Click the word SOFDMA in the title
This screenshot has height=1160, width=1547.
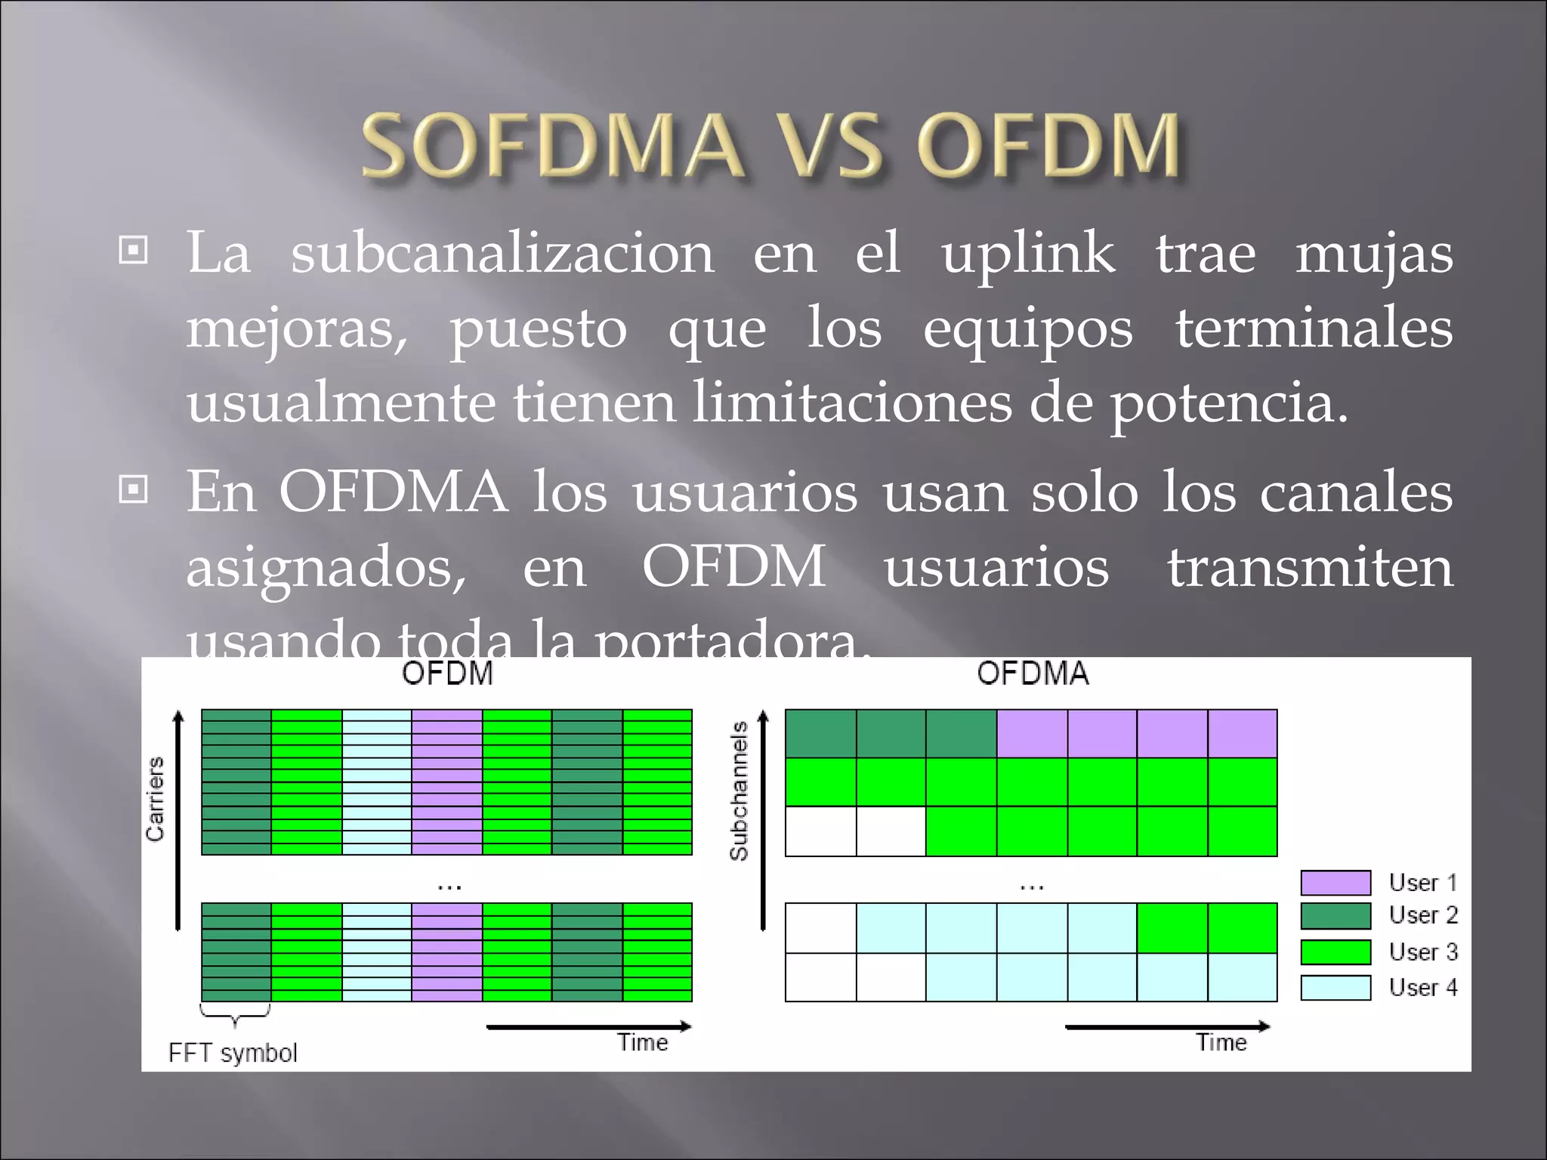pyautogui.click(x=551, y=145)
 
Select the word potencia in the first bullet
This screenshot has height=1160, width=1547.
pyautogui.click(x=1227, y=403)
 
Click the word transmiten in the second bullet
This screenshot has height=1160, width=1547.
pyautogui.click(x=1310, y=567)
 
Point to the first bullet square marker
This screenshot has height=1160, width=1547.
pyautogui.click(x=134, y=250)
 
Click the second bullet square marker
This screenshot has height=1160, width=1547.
pyautogui.click(x=134, y=490)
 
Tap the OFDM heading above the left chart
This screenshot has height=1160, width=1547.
pyautogui.click(x=447, y=673)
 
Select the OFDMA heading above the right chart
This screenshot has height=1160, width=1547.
pyautogui.click(x=1033, y=673)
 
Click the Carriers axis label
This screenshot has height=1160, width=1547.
pyautogui.click(x=155, y=799)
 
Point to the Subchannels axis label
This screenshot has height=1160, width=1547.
pyautogui.click(x=739, y=791)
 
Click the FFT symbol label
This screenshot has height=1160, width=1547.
pyautogui.click(x=233, y=1053)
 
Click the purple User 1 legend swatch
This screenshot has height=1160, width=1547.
pyautogui.click(x=1335, y=882)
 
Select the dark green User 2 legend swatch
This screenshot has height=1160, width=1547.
pyautogui.click(x=1335, y=916)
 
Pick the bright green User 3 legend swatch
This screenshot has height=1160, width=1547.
pyautogui.click(x=1335, y=952)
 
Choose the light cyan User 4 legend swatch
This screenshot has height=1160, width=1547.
pyautogui.click(x=1335, y=987)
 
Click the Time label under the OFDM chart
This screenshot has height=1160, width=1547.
pyautogui.click(x=643, y=1043)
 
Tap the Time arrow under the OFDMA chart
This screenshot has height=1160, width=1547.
pyautogui.click(x=1167, y=1026)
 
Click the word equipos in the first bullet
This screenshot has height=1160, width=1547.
pyautogui.click(x=1027, y=329)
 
